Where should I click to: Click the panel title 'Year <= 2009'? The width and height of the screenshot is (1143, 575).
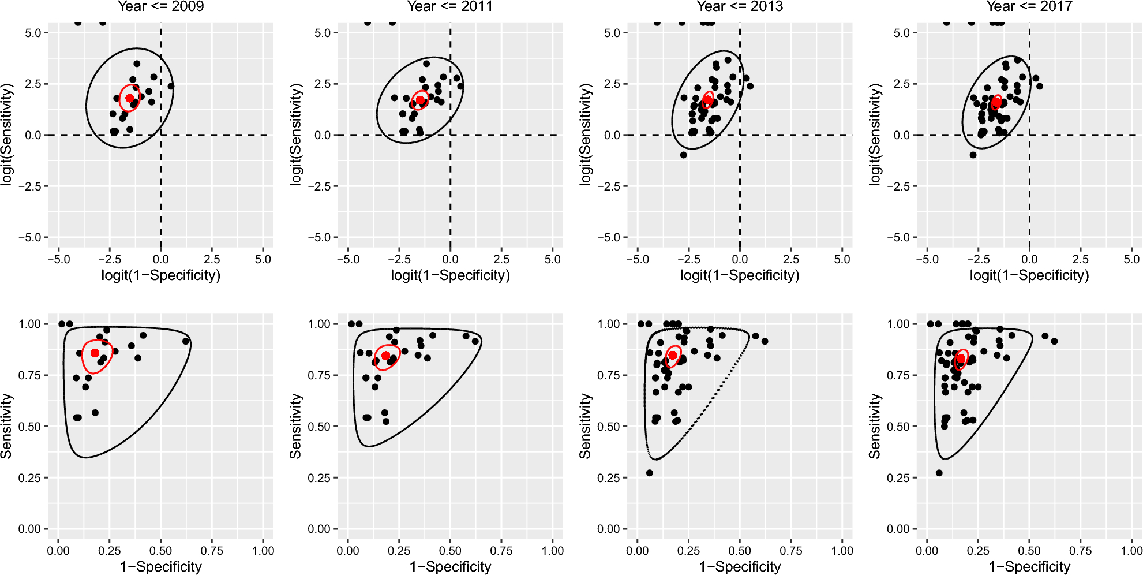click(160, 6)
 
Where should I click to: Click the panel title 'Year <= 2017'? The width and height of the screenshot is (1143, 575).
click(1029, 6)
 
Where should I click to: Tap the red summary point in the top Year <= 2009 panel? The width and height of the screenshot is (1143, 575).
click(130, 98)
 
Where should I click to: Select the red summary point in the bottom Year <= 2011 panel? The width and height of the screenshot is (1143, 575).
click(385, 356)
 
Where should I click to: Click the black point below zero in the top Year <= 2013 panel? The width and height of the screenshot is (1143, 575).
click(683, 155)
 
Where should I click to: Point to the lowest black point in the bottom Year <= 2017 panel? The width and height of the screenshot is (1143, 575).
click(939, 473)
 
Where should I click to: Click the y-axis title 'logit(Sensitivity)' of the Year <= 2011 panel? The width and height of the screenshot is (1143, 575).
click(296, 135)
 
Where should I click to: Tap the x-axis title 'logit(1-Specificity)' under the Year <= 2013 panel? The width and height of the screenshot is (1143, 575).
click(740, 275)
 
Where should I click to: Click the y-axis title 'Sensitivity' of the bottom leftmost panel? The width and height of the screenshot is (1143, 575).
click(6, 426)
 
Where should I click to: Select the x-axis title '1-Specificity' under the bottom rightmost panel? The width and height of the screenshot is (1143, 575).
click(1029, 567)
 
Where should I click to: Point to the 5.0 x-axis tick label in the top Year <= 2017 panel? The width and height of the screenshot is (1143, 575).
click(1131, 259)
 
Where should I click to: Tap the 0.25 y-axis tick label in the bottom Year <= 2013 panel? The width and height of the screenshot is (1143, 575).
click(608, 478)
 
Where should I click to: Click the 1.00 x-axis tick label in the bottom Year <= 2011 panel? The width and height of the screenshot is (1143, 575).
click(553, 551)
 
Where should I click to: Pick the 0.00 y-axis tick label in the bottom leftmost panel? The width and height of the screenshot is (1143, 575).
click(29, 529)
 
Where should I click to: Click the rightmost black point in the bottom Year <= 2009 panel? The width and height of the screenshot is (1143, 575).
click(186, 341)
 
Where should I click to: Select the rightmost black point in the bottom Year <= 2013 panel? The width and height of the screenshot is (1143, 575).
click(765, 341)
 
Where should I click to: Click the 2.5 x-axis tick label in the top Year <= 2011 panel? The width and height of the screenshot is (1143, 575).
click(501, 259)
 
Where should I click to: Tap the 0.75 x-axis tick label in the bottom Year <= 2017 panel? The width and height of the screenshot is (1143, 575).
click(1080, 551)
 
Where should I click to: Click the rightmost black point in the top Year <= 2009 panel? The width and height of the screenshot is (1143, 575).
click(171, 86)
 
